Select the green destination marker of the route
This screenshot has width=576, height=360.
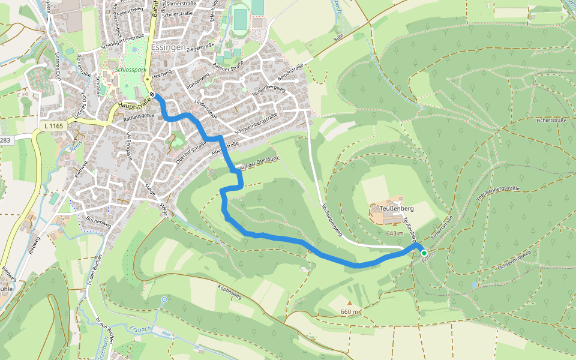point(424,253)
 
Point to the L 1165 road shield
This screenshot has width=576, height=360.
point(53,126)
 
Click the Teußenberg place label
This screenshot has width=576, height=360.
point(397,208)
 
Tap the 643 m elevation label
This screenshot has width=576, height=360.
point(395,233)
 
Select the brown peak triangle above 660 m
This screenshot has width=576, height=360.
point(349,302)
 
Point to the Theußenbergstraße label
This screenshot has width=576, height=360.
point(497,193)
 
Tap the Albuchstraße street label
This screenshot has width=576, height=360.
point(226,149)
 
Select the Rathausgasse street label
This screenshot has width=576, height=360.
point(138,115)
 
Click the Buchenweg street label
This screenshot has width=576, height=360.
point(99,221)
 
